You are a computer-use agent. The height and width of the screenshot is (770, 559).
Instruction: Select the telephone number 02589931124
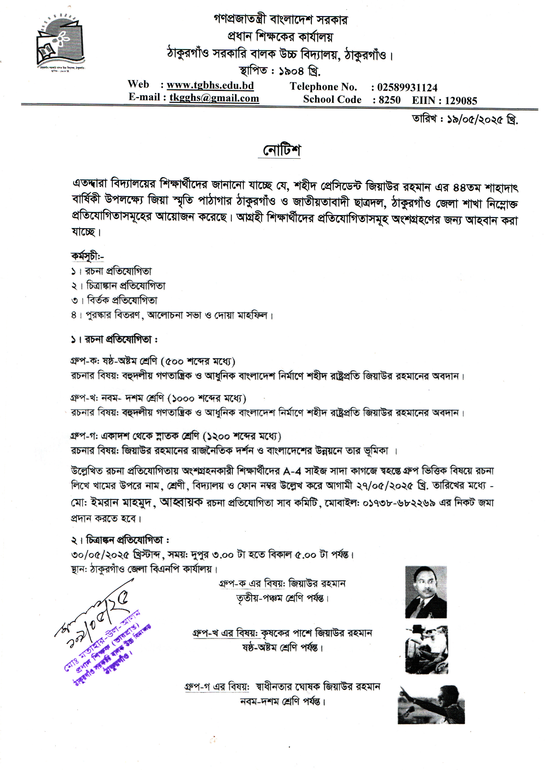[x=407, y=88]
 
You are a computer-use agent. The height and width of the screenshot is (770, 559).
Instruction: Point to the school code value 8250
[x=389, y=100]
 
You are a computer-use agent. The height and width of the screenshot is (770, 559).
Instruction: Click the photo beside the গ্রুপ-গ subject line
[x=431, y=704]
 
